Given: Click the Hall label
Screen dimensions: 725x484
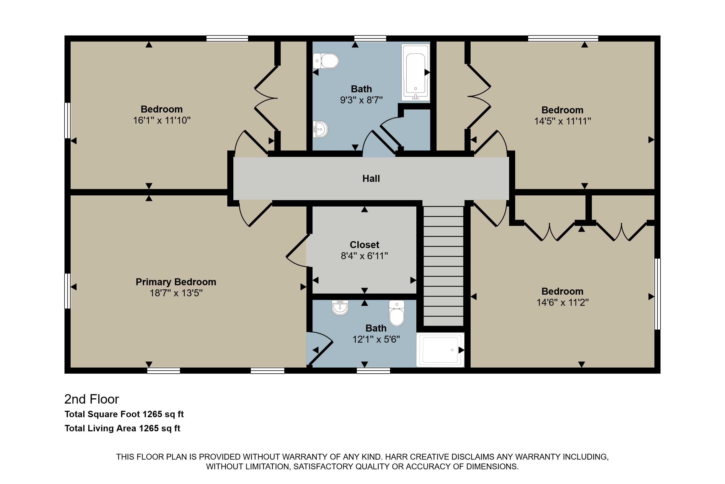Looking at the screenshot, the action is click(x=371, y=179).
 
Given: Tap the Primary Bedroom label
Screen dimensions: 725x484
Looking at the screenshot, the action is click(x=176, y=282).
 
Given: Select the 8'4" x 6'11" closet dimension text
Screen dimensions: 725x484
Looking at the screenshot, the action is click(x=364, y=256).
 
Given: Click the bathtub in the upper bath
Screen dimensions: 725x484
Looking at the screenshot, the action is click(x=416, y=73).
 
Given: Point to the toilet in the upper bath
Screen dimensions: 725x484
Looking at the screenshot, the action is click(x=326, y=61).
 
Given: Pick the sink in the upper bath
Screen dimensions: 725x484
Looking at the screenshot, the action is click(x=320, y=129).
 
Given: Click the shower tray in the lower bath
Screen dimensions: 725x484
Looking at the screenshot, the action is click(x=440, y=350).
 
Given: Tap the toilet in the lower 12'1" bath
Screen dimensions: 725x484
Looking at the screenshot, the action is click(x=397, y=313).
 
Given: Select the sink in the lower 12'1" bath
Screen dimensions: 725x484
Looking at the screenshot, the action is click(x=340, y=307).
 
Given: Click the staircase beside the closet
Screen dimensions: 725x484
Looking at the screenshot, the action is click(x=443, y=266).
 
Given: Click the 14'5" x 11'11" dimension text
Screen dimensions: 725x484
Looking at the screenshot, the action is click(x=562, y=121).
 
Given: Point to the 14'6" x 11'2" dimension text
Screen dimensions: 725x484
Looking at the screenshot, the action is click(x=562, y=302).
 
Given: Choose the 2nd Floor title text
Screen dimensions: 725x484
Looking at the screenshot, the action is click(x=92, y=399).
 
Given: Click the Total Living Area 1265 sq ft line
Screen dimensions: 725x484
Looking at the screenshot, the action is click(x=122, y=428).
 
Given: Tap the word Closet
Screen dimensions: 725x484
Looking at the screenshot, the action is click(x=364, y=245).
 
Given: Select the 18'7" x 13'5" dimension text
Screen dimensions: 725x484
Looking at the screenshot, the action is click(x=176, y=293).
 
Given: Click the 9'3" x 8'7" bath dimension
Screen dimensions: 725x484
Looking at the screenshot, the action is click(x=361, y=100).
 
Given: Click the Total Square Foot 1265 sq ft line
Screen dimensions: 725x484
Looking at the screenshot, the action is click(x=124, y=414).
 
